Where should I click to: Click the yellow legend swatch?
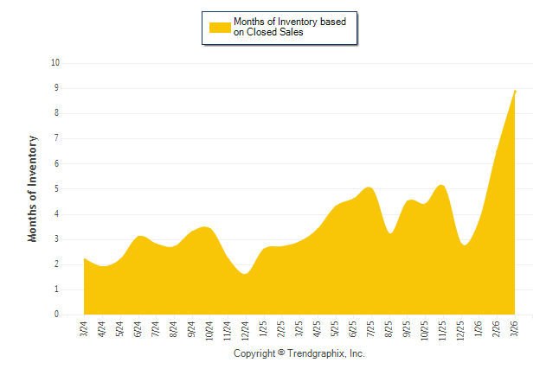coord(219,27)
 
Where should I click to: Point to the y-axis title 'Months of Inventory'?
coord(33,188)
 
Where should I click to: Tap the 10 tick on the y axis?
coord(55,63)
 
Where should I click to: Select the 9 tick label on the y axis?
coord(57,88)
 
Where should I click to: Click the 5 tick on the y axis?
coord(57,189)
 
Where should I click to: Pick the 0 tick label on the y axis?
coord(57,315)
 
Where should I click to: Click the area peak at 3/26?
coord(515,91)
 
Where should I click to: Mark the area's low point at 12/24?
coord(246,274)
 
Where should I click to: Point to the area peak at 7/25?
coord(369,187)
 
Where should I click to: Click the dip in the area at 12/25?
coord(465,245)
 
